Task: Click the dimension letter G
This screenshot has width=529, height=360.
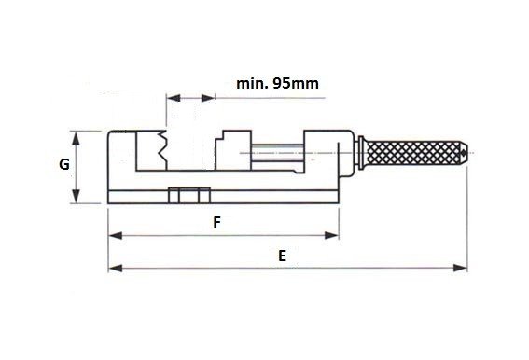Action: (x=64, y=165)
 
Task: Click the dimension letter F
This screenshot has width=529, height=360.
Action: (x=217, y=222)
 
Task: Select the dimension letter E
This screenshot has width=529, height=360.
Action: (x=283, y=256)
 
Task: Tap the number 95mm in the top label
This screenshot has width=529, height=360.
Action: (x=296, y=83)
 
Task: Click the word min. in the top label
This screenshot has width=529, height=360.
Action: (x=252, y=83)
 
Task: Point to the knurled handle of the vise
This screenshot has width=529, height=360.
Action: (x=414, y=153)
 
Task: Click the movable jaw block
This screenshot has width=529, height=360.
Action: (x=233, y=150)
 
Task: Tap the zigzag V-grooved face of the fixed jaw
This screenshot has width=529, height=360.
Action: (x=162, y=150)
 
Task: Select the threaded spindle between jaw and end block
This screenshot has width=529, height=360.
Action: (x=277, y=153)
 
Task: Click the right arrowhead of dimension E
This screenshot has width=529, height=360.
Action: (x=460, y=269)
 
